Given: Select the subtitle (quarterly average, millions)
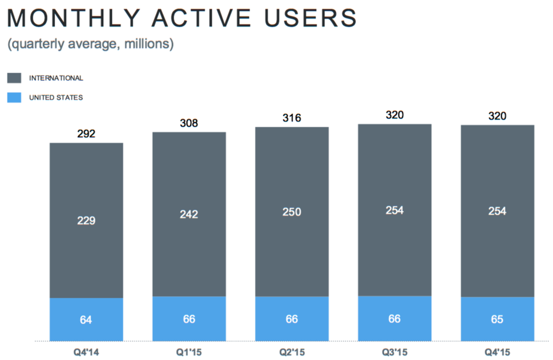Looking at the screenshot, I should (90, 44).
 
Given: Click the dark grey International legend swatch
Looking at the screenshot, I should (14, 78).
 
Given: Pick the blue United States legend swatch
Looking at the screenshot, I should (14, 98).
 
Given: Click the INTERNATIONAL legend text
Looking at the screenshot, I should (56, 78).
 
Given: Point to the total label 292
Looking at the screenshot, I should (86, 133).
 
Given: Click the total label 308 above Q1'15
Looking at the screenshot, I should (189, 123).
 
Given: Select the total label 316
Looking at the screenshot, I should (292, 119).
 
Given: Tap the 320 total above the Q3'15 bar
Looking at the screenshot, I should (394, 115).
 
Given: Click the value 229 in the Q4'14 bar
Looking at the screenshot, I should (86, 221).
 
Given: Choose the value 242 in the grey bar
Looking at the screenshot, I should (189, 214).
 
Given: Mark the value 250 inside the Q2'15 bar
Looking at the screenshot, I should (292, 212).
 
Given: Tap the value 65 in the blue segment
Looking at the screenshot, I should (497, 319).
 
